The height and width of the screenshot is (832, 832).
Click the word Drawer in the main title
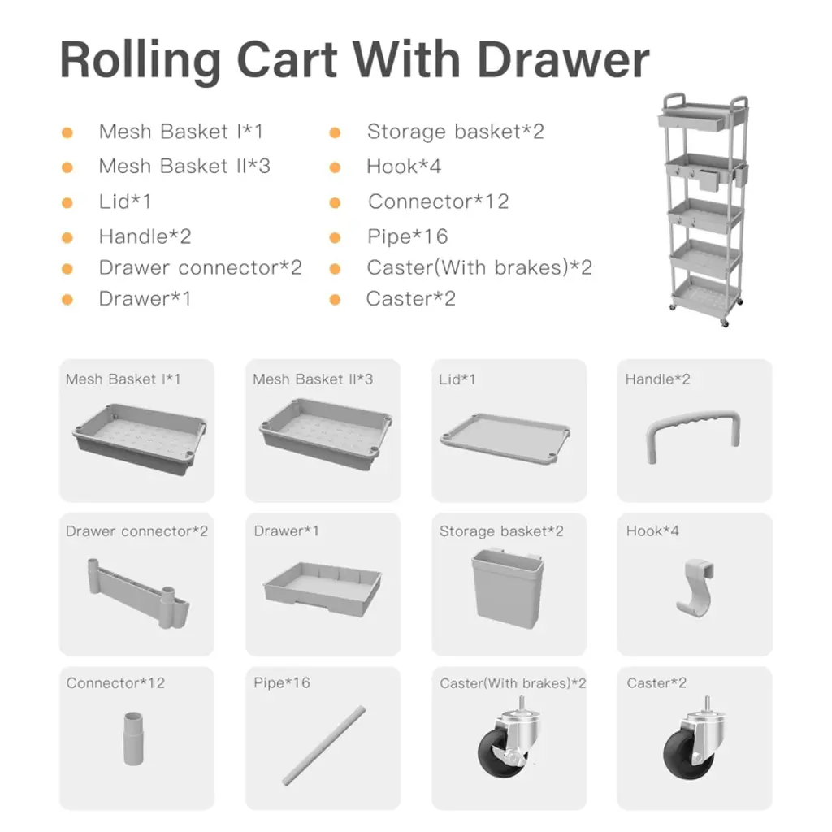pyautogui.click(x=563, y=59)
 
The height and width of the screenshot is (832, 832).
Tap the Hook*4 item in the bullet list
pyautogui.click(x=404, y=167)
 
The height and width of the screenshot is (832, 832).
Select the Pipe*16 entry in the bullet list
pyautogui.click(x=408, y=236)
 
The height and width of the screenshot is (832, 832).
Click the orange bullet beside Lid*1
pyautogui.click(x=67, y=202)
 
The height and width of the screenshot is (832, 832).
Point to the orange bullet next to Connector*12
pyautogui.click(x=335, y=202)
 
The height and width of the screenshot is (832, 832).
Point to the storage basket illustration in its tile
pyautogui.click(x=508, y=589)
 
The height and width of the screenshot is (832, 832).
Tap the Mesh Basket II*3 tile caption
pyautogui.click(x=313, y=379)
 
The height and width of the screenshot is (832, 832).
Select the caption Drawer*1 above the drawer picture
pyautogui.click(x=287, y=531)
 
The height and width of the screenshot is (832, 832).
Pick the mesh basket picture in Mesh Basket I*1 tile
pyautogui.click(x=139, y=438)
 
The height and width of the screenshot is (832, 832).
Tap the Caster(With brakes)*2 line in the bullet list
pyautogui.click(x=479, y=268)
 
